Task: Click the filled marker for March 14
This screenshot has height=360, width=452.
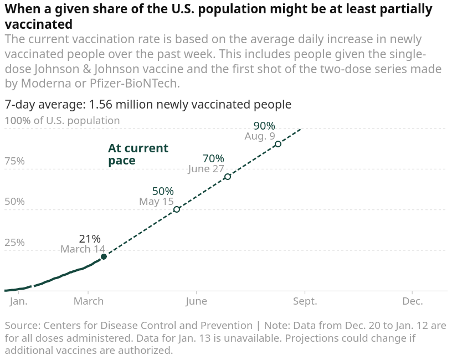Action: [104, 256]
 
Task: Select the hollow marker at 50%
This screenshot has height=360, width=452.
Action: [177, 209]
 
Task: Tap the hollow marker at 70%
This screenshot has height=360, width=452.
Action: [228, 177]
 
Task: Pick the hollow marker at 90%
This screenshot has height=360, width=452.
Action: [278, 144]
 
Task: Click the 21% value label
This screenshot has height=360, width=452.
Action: [90, 239]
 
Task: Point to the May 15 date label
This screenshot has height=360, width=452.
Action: [156, 202]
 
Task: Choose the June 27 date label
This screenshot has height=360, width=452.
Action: [206, 169]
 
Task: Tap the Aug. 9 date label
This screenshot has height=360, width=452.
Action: [260, 136]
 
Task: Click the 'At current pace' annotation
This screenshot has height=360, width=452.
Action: [138, 155]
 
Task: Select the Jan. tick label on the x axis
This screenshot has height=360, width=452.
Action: [19, 301]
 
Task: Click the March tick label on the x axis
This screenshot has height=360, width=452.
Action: [89, 301]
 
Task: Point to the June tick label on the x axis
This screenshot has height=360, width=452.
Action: [196, 301]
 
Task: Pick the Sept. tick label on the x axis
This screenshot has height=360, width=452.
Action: [305, 301]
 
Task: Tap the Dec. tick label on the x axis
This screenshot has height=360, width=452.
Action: [413, 301]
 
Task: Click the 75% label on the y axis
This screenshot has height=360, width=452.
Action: [14, 161]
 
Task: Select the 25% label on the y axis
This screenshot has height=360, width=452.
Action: [14, 243]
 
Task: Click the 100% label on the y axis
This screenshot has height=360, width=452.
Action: [17, 120]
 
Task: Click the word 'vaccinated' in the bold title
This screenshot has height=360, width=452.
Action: [38, 24]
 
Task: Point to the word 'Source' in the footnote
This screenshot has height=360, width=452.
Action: [20, 326]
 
